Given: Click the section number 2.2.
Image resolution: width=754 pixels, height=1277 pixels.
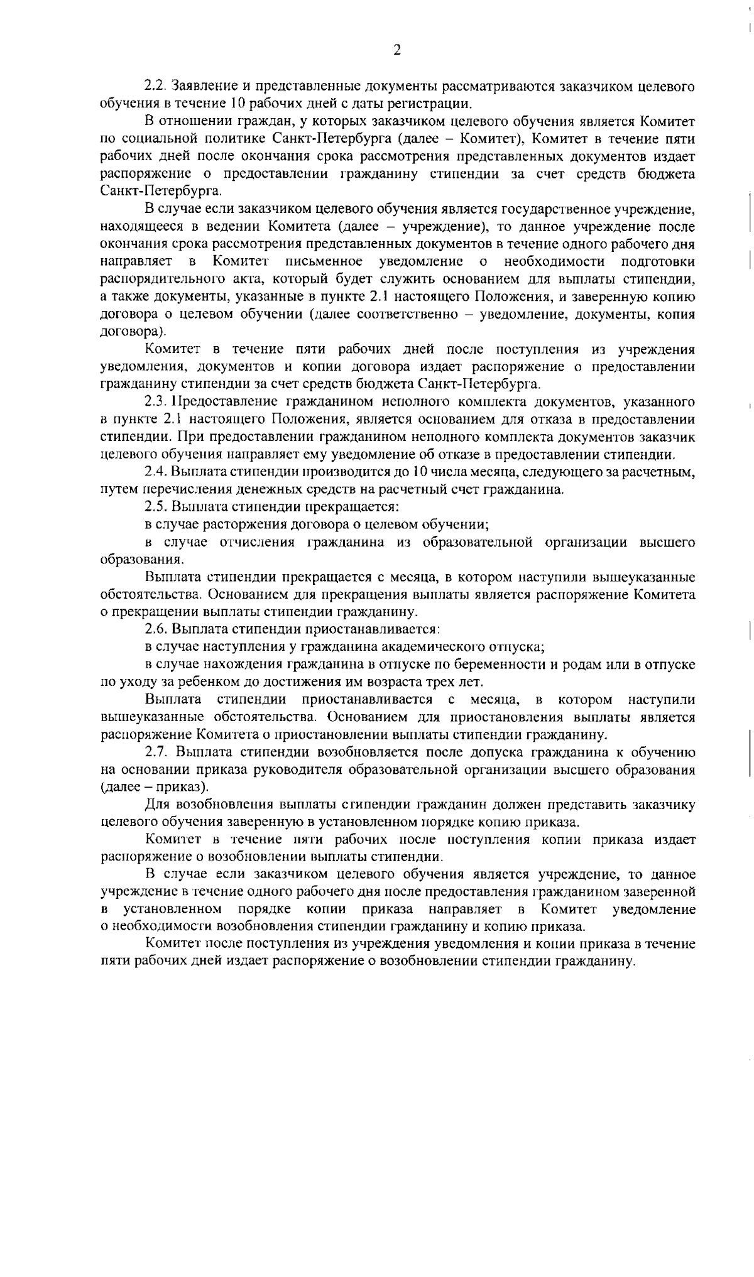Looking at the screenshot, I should pyautogui.click(x=155, y=85).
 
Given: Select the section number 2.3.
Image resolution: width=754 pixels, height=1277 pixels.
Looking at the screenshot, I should pyautogui.click(x=155, y=401).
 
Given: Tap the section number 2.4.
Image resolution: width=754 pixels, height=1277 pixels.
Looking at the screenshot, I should pyautogui.click(x=155, y=471).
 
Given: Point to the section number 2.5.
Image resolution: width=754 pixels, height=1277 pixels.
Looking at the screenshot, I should pyautogui.click(x=155, y=506).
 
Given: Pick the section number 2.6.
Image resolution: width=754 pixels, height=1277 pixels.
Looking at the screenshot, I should pyautogui.click(x=155, y=629).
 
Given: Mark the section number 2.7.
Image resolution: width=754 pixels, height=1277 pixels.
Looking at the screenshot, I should pyautogui.click(x=155, y=752).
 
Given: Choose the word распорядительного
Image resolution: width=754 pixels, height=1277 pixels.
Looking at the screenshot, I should pyautogui.click(x=164, y=278).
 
